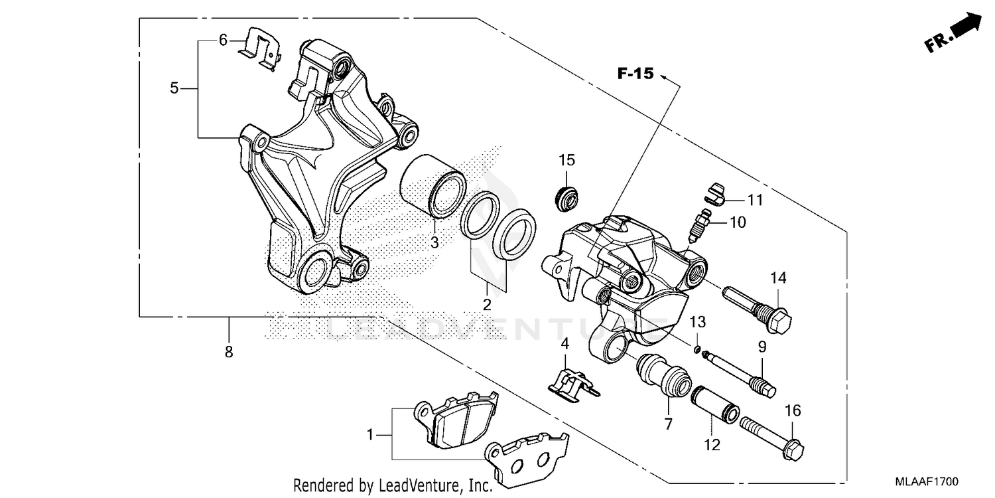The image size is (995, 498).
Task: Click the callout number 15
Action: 566,161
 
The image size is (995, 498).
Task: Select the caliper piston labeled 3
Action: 432,185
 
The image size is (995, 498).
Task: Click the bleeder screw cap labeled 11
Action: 712,191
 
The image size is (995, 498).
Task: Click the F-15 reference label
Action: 635,74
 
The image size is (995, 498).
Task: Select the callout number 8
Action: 228,353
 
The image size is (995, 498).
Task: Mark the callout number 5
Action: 174,88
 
